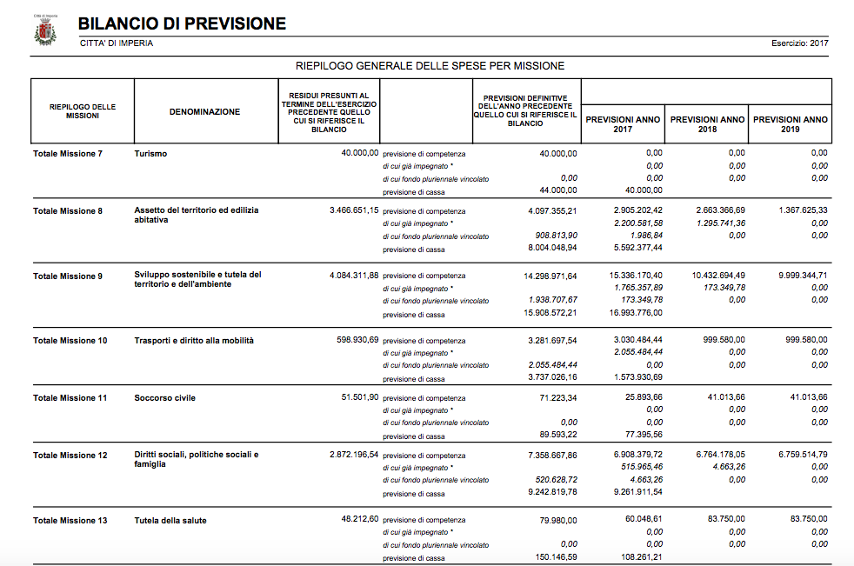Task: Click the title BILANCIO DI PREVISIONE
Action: pos(182,23)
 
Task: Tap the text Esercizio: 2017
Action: pos(799,43)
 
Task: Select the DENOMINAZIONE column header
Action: pos(204,111)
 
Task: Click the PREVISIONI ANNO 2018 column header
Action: pos(707,123)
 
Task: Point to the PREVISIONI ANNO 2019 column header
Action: pos(790,123)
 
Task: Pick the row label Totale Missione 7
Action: pos(68,154)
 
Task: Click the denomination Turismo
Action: pos(150,154)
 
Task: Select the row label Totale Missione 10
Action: pos(70,341)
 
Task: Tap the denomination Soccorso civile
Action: pos(164,398)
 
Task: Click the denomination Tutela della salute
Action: pos(170,521)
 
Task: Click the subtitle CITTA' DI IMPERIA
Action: pos(116,43)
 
